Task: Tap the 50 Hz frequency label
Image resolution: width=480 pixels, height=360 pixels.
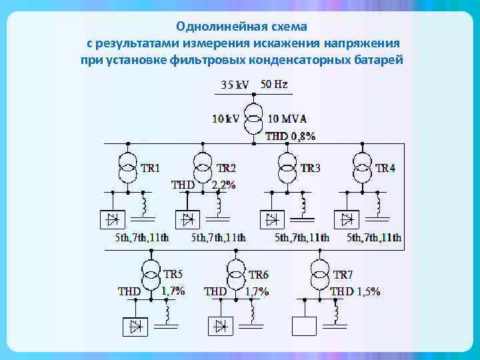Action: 274,85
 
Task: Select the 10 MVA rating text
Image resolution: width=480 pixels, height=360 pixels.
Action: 287,119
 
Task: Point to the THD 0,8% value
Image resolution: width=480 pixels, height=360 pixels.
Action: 290,136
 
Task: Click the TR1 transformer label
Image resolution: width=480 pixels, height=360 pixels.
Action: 150,168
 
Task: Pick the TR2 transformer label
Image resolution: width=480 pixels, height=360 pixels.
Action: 226,168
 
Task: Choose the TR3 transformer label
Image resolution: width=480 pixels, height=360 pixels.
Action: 310,168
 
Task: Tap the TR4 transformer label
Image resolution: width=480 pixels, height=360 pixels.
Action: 385,168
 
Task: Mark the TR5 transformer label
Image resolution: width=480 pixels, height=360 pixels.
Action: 173,275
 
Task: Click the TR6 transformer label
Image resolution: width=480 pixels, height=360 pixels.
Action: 259,275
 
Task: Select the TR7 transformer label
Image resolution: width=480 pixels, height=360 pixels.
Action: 343,275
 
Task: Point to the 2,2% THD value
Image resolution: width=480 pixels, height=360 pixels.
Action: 223,185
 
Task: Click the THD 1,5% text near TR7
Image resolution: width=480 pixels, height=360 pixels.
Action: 355,291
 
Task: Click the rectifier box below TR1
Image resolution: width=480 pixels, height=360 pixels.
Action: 111,218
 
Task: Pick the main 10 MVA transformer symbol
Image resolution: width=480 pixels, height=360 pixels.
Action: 253,118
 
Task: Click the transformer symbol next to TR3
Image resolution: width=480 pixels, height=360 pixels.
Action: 287,167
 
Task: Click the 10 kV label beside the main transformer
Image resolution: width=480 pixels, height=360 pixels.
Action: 225,119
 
